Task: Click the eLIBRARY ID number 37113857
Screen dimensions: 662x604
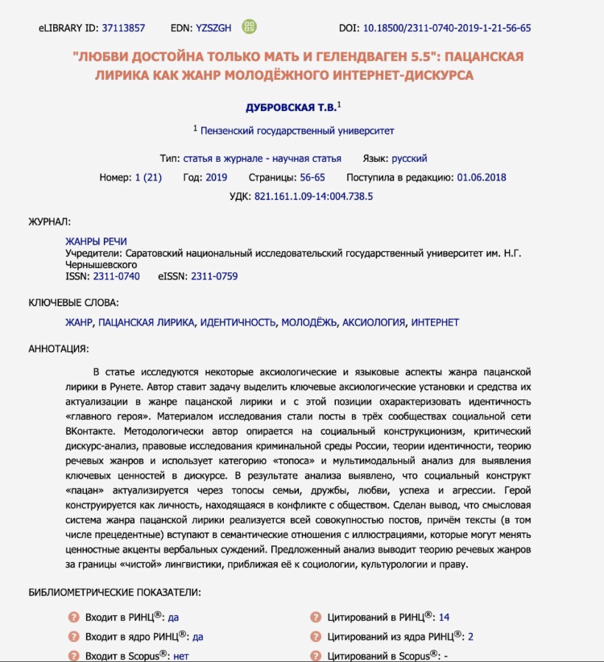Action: (123, 28)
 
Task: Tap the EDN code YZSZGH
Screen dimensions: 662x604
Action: (213, 28)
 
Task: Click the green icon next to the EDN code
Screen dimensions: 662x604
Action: (250, 27)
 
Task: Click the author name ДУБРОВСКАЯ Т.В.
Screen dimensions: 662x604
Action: (290, 107)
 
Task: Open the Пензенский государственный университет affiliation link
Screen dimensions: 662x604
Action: (297, 130)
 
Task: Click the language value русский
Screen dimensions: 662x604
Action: (410, 159)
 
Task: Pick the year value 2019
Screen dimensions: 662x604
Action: (217, 177)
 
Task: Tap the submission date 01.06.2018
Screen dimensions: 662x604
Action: (482, 177)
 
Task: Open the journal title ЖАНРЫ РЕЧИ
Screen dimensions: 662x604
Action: (96, 242)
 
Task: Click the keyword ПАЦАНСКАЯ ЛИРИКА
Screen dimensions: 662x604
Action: (146, 322)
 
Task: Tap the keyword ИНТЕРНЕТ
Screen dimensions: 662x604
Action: (435, 322)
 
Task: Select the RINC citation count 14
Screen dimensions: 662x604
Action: (444, 618)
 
